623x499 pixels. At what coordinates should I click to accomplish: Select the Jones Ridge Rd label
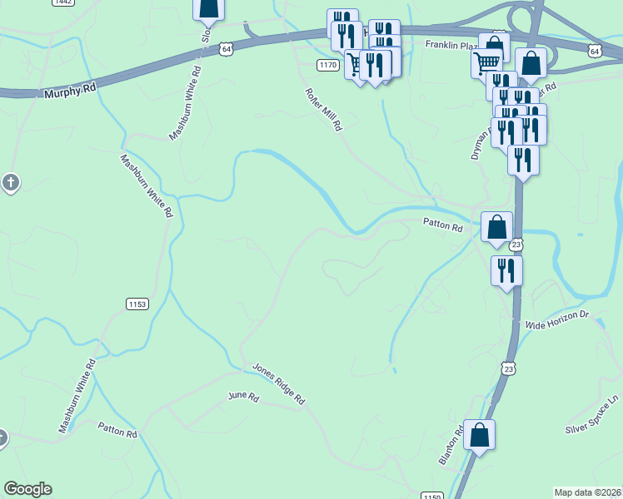click(279, 384)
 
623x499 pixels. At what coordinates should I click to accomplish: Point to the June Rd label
click(244, 398)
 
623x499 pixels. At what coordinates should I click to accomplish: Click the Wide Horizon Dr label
click(556, 315)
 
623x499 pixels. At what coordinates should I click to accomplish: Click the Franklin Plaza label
click(450, 45)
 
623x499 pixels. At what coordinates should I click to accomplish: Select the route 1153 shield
click(137, 304)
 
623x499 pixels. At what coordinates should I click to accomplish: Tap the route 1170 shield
click(328, 65)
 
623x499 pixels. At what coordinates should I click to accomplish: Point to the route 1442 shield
click(62, 2)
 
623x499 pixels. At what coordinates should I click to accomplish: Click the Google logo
click(27, 489)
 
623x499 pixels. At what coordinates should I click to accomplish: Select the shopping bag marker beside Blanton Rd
click(480, 435)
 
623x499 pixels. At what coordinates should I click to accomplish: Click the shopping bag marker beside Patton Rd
click(497, 226)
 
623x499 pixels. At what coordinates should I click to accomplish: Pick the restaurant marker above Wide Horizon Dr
click(506, 269)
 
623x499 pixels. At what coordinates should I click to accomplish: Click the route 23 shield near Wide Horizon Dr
click(509, 367)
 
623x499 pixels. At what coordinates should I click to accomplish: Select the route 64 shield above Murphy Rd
click(227, 50)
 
